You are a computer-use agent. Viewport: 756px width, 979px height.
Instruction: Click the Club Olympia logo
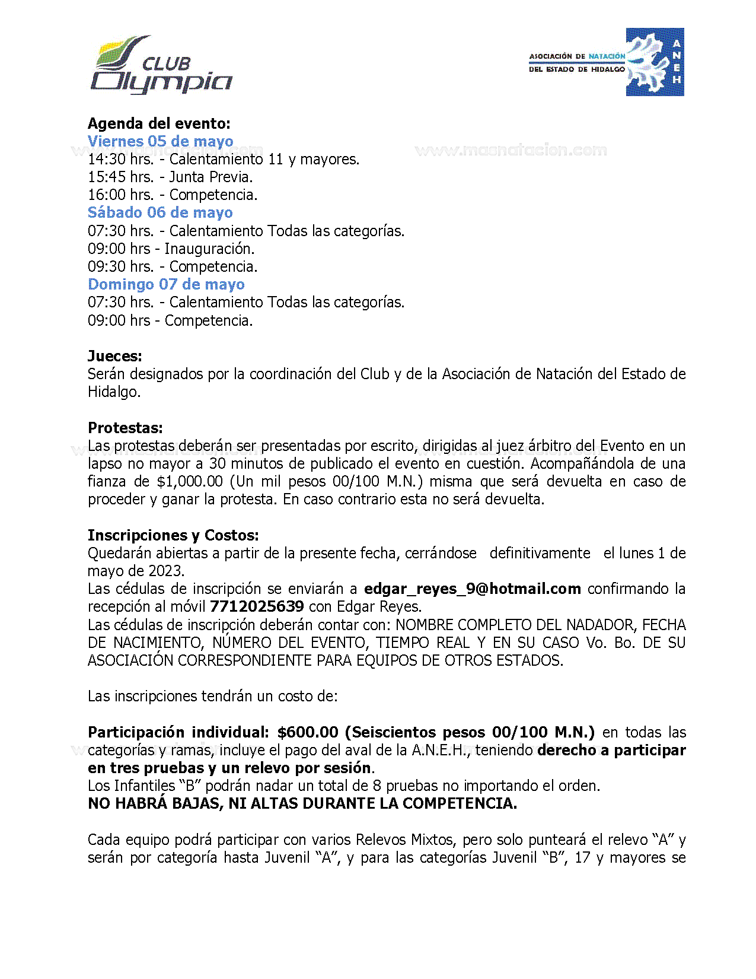pyautogui.click(x=161, y=65)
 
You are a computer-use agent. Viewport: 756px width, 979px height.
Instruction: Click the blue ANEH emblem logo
pyautogui.click(x=655, y=62)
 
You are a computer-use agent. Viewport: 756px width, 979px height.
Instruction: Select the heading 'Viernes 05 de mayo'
pyautogui.click(x=160, y=141)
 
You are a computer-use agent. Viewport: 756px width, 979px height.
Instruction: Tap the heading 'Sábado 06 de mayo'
pyautogui.click(x=160, y=212)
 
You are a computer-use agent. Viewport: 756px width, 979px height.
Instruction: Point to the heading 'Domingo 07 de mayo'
pyautogui.click(x=166, y=284)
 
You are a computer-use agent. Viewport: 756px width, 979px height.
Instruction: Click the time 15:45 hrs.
pyautogui.click(x=120, y=177)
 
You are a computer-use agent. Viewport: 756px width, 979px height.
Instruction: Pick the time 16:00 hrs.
pyautogui.click(x=120, y=195)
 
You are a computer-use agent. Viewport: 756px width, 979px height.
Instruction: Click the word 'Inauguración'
pyautogui.click(x=209, y=249)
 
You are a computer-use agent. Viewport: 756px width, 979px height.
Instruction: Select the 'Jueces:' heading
pyautogui.click(x=115, y=356)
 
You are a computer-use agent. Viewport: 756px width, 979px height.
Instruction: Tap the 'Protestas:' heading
pyautogui.click(x=125, y=428)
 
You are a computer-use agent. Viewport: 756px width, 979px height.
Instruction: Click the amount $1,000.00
pyautogui.click(x=190, y=481)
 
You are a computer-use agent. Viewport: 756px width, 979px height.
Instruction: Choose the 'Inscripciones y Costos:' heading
pyautogui.click(x=173, y=535)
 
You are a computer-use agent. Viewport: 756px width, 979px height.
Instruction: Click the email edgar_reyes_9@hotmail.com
pyautogui.click(x=472, y=589)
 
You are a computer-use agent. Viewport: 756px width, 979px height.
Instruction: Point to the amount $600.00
pyautogui.click(x=308, y=732)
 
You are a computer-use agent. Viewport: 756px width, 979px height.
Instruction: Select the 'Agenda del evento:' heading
pyautogui.click(x=159, y=123)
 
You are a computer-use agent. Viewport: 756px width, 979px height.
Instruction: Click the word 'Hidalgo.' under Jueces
pyautogui.click(x=114, y=392)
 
